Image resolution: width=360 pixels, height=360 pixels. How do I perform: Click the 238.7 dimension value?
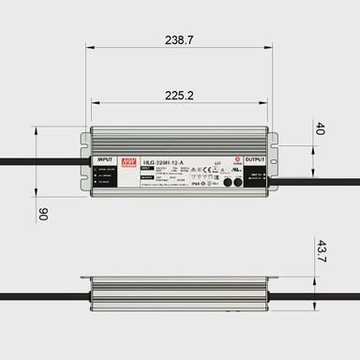179,41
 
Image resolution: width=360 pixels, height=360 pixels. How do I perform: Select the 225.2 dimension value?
179,95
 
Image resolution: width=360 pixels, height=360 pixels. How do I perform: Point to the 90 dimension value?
42,214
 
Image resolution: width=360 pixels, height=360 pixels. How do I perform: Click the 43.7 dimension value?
321,252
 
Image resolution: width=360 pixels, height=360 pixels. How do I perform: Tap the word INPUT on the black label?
104,160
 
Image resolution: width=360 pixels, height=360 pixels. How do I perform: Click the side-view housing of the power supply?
179,294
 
